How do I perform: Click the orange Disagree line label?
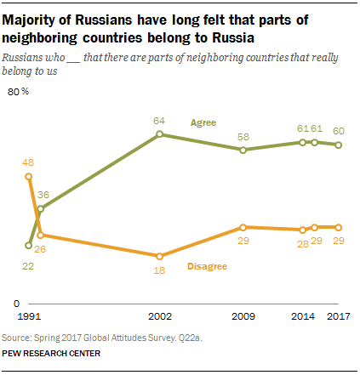pyautogui.click(x=206, y=267)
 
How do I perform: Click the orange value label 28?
pyautogui.click(x=303, y=242)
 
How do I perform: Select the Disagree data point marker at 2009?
pyautogui.click(x=243, y=227)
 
